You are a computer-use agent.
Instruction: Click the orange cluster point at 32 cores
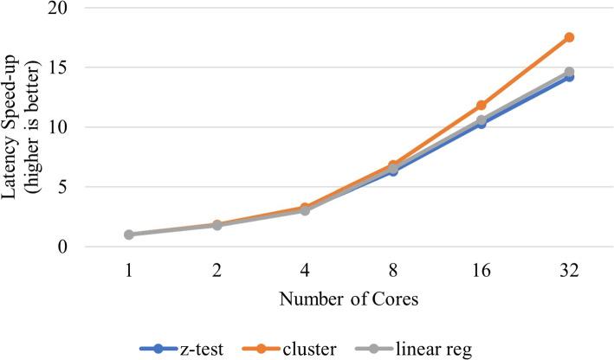(569, 37)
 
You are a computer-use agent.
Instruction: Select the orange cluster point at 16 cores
(482, 105)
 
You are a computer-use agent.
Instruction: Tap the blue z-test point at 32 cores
(569, 77)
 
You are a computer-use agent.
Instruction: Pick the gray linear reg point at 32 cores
(569, 72)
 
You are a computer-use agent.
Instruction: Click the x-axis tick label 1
(128, 271)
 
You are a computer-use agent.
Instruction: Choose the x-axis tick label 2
(217, 271)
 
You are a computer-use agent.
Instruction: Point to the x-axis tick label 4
(305, 271)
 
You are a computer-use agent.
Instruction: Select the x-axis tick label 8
(393, 271)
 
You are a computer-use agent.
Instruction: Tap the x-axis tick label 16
(482, 271)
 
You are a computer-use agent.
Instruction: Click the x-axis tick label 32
(569, 271)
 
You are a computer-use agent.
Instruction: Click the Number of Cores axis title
(349, 302)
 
